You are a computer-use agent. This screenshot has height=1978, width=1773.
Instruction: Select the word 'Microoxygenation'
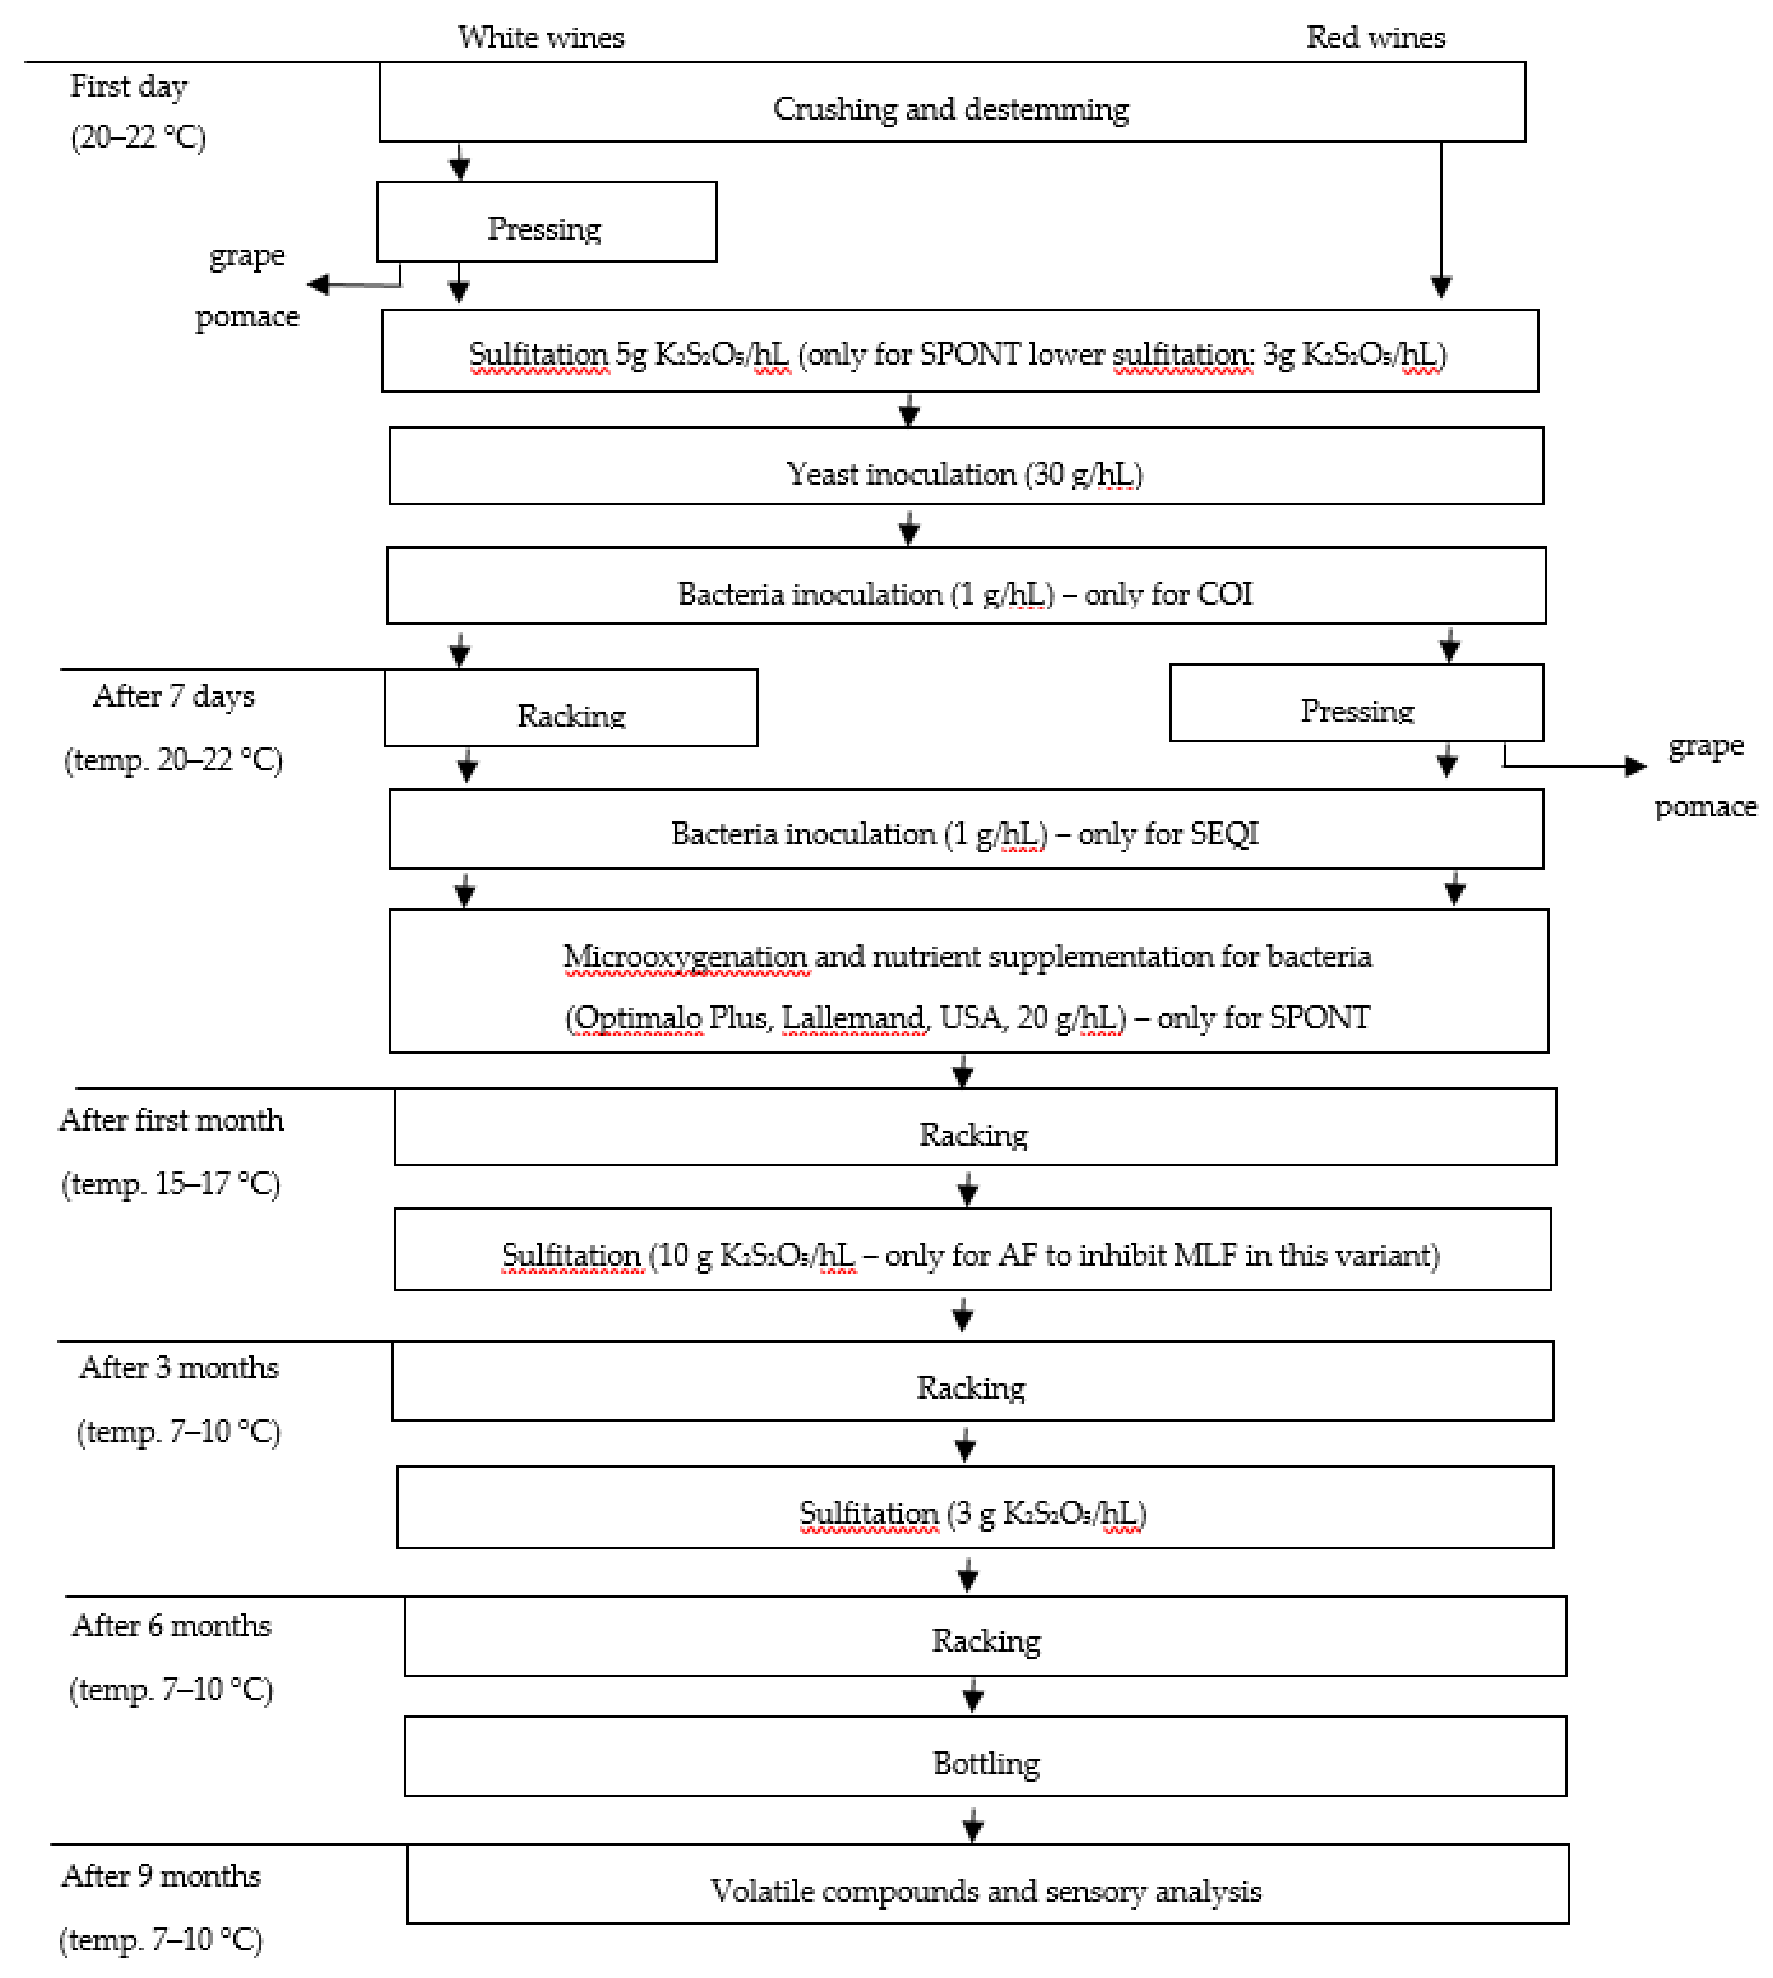point(685,956)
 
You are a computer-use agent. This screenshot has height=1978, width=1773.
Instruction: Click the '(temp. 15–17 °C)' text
point(172,1183)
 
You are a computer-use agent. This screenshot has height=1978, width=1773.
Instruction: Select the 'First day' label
point(129,86)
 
